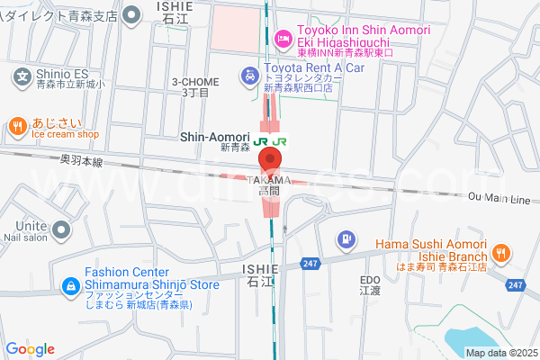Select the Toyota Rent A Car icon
[x=248, y=76]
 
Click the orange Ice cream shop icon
[x=17, y=128]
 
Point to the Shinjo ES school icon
[x=23, y=76]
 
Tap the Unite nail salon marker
[x=61, y=229]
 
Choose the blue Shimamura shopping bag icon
[x=70, y=286]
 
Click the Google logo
[x=30, y=349]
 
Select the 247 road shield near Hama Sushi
[x=514, y=284]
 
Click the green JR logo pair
[x=271, y=141]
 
